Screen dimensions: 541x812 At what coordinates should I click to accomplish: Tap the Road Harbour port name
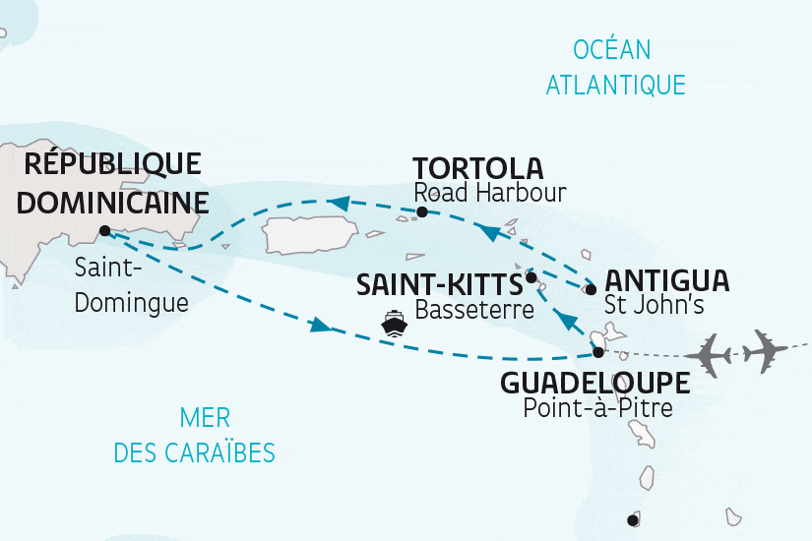(x=490, y=193)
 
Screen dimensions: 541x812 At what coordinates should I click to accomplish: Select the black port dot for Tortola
(x=422, y=211)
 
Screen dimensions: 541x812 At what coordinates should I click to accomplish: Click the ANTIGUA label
(x=666, y=279)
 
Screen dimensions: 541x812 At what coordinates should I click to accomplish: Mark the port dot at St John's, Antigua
(x=591, y=289)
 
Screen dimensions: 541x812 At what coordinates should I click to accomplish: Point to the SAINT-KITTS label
(x=439, y=285)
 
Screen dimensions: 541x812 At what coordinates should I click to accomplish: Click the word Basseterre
(x=475, y=312)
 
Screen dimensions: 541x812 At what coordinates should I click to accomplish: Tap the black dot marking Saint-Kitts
(x=531, y=277)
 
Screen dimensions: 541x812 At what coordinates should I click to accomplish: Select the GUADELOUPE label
(x=593, y=383)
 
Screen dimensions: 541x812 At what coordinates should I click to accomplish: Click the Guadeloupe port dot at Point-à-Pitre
(x=597, y=352)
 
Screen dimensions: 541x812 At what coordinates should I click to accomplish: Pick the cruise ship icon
(x=395, y=325)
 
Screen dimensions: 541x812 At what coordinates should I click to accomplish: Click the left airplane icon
(x=713, y=350)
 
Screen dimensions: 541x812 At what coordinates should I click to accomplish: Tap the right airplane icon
(x=767, y=348)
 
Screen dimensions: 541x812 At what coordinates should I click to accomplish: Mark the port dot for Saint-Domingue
(x=104, y=232)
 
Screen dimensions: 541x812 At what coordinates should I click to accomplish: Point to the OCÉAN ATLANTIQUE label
(x=614, y=67)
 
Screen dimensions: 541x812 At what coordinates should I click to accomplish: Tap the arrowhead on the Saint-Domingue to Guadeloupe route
(x=319, y=326)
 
